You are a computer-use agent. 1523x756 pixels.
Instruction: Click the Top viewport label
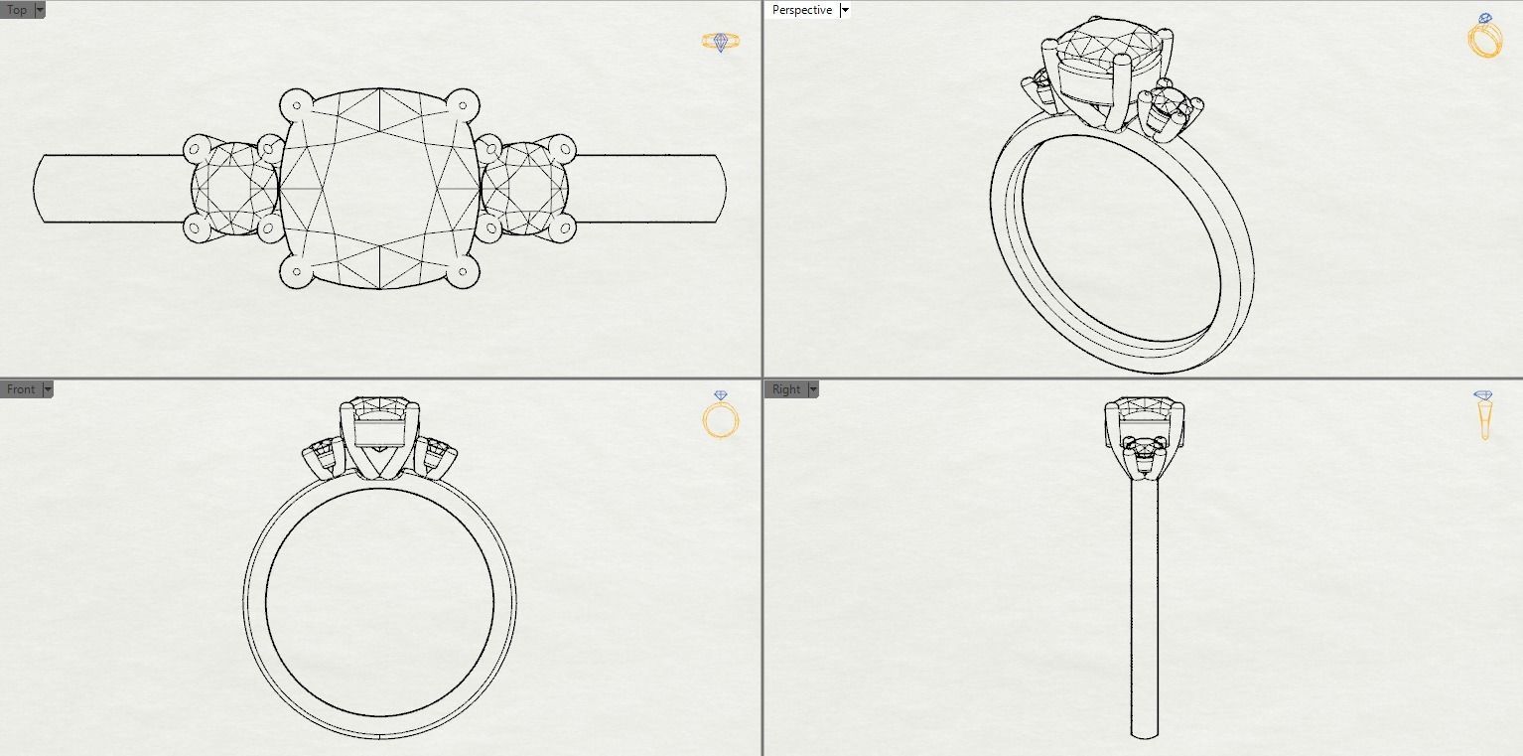17,10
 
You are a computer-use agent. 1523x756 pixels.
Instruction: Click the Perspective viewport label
801,10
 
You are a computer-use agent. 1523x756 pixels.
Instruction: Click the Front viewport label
20,389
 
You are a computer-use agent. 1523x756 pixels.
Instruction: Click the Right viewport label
785,389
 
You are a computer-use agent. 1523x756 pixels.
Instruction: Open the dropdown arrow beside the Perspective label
845,10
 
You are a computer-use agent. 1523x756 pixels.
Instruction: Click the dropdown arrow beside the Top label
40,10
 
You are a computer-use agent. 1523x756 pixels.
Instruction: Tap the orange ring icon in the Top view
721,42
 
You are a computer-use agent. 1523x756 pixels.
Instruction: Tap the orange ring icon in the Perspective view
1484,37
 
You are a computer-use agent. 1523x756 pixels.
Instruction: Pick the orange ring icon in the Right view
1484,414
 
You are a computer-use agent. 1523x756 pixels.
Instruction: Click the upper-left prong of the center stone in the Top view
295,103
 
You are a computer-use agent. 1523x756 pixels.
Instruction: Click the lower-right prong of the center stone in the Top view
463,273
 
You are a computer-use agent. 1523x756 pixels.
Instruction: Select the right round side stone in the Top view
526,189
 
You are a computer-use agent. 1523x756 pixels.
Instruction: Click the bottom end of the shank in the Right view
1145,733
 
